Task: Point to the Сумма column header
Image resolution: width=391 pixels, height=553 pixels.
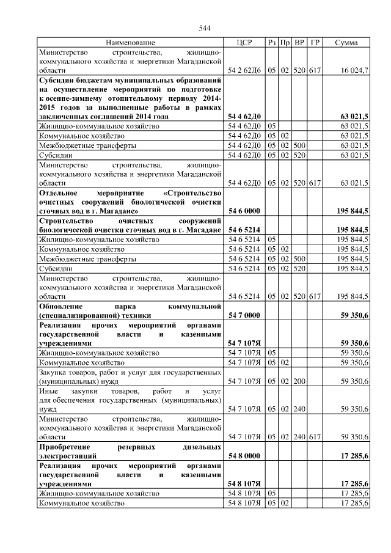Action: click(x=347, y=43)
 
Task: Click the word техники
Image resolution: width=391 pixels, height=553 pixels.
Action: click(x=134, y=316)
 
